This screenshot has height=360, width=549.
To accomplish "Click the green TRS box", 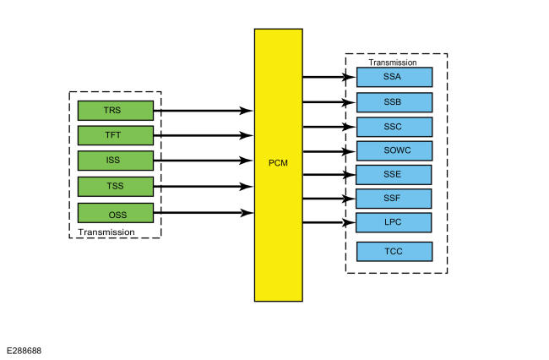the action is point(116,111).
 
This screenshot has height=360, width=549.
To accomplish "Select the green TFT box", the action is point(116,135).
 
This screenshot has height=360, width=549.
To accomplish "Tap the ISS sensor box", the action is point(116,161).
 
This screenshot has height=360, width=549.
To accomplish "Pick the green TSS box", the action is point(116,187).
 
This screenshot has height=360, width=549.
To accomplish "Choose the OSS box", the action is point(116,213).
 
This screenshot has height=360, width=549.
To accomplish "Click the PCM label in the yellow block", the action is point(278,163).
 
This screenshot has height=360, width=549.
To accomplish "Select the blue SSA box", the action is point(394,77).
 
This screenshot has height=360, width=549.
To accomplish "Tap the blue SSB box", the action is point(394,102).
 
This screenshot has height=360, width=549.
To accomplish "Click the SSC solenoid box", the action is point(394,127).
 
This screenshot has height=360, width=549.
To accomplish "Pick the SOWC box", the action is point(394,151).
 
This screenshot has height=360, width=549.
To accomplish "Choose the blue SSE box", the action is point(394,175).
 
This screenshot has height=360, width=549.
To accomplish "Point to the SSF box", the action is point(394,199).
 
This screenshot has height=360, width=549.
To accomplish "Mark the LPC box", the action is point(394,222).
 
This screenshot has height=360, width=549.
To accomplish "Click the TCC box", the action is point(394,252).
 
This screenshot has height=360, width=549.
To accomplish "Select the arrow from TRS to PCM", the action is point(204,111).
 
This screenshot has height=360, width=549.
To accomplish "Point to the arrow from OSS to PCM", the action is point(204,213).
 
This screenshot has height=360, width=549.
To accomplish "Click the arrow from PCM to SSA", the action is point(329,77).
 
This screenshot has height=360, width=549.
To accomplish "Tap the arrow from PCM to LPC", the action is point(329,222).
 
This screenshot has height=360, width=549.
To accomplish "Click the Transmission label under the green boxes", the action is point(106,232).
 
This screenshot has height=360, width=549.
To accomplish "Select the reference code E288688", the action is point(24,351).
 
